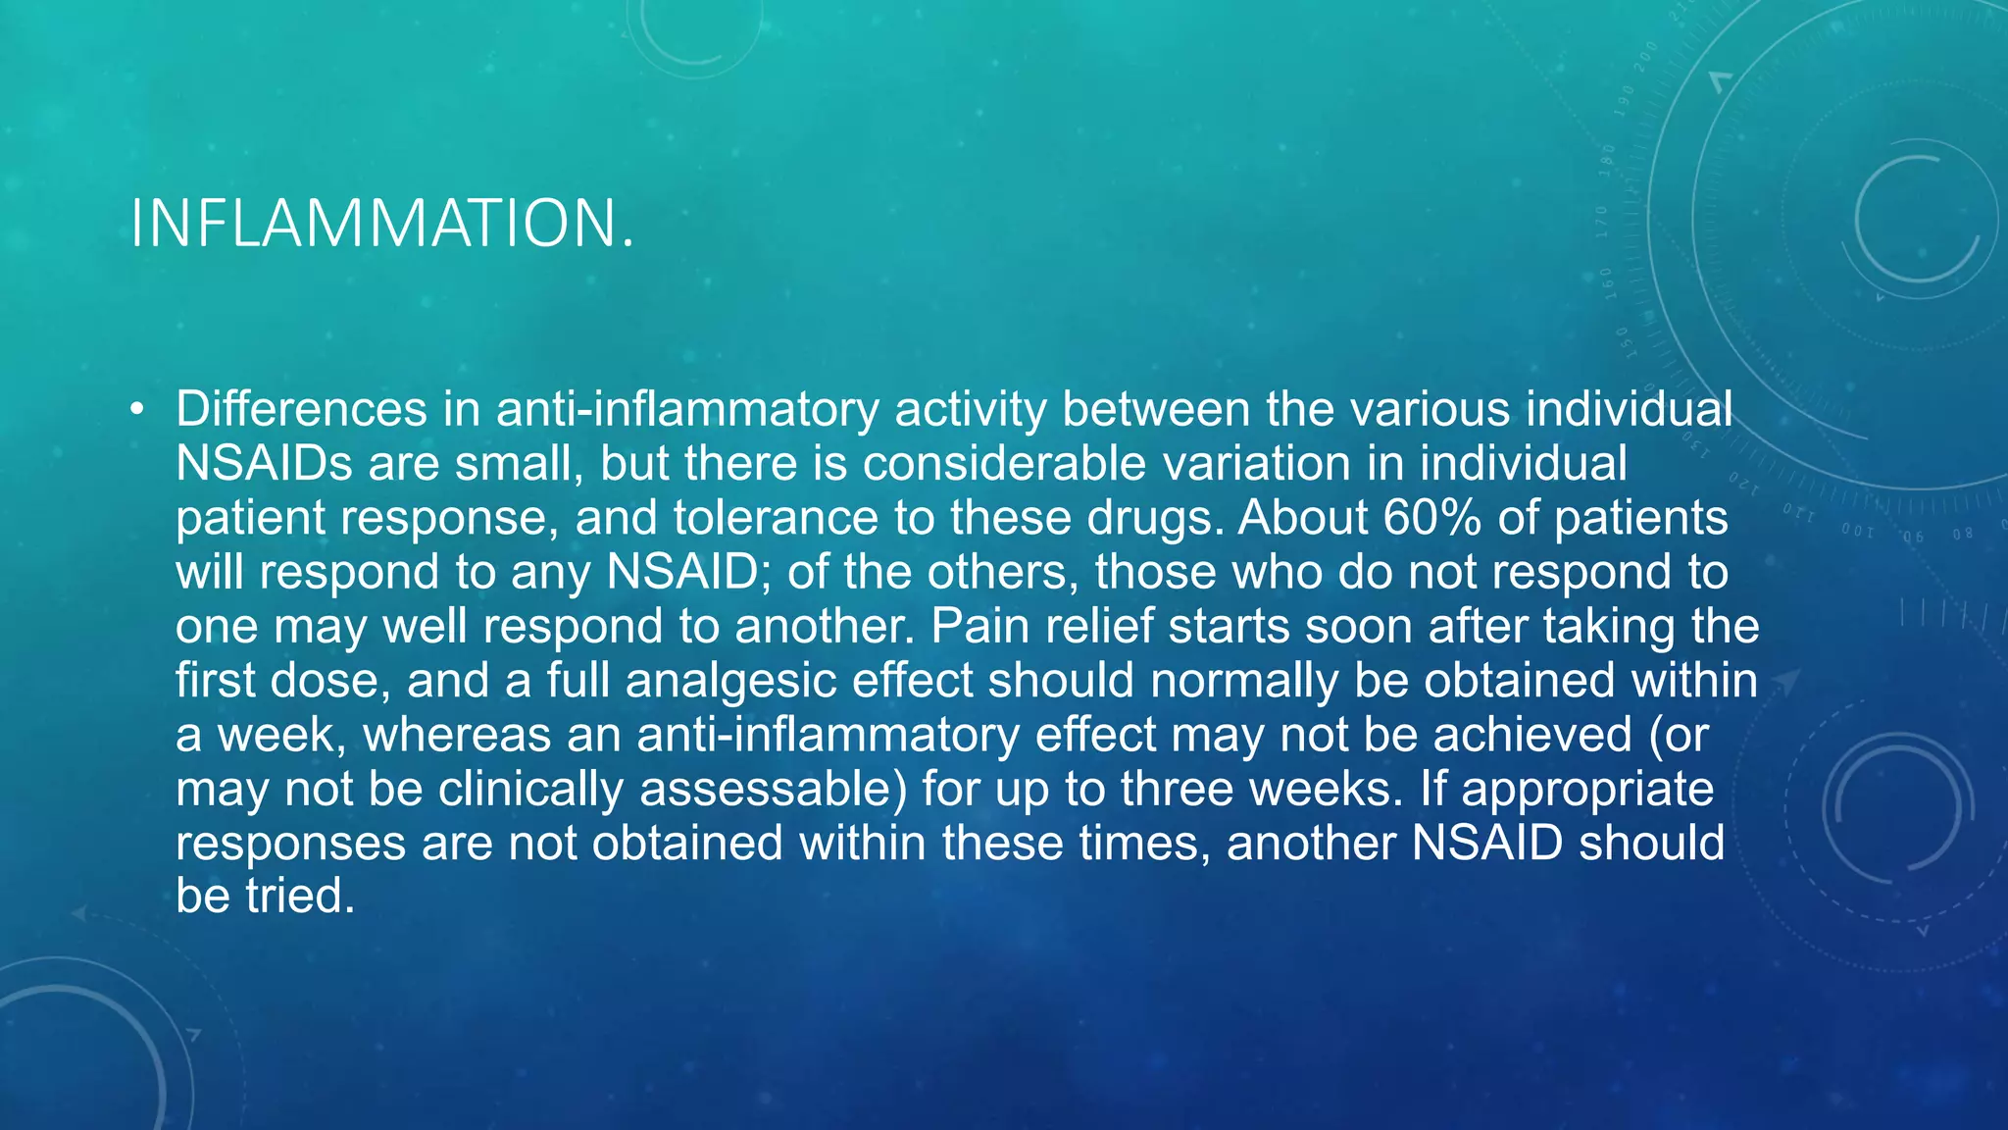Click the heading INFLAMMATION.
382,224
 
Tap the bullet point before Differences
136,409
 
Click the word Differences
301,409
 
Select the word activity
971,409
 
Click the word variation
1257,463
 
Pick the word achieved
1532,735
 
